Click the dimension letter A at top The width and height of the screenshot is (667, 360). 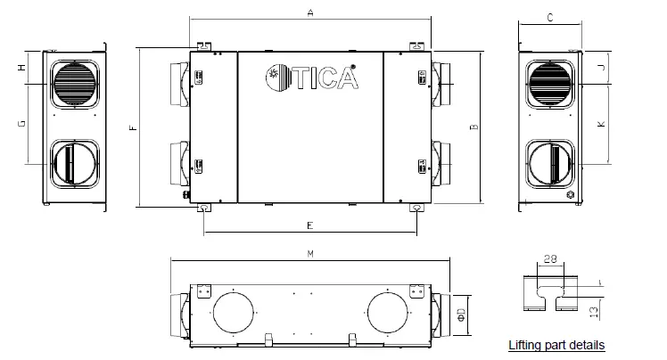309,13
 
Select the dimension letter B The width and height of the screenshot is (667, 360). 474,127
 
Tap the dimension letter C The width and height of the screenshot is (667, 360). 550,17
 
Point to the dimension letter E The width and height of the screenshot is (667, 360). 309,225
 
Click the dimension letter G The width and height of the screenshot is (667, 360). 20,124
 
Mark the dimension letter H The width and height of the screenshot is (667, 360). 20,68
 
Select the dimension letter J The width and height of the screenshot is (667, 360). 602,68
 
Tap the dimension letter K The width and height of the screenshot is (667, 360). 602,124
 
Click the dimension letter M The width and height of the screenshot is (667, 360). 309,254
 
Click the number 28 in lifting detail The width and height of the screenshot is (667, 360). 549,258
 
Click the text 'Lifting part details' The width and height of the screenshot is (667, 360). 556,345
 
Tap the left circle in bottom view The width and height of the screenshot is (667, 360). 233,314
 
